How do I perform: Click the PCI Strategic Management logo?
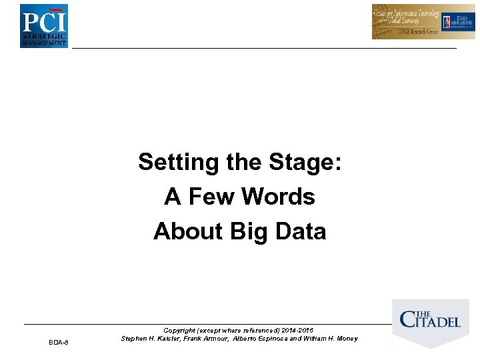coord(43,25)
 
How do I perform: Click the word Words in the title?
coord(278,197)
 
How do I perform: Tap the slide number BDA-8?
coord(59,343)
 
